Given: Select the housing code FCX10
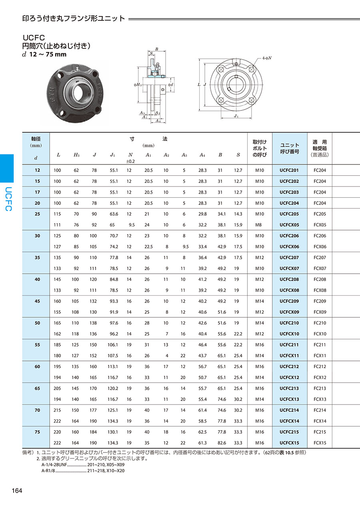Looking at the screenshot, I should click(x=320, y=334).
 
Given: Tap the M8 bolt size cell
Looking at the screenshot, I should click(x=260, y=225).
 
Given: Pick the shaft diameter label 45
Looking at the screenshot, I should click(x=37, y=301).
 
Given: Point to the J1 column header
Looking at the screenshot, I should click(x=112, y=155).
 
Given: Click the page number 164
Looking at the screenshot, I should click(x=17, y=491).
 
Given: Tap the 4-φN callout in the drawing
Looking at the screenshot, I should click(x=267, y=58).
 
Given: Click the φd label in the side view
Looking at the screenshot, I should click(x=170, y=85).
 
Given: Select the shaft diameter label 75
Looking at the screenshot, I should click(x=37, y=432).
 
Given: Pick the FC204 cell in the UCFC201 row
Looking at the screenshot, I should click(x=320, y=170).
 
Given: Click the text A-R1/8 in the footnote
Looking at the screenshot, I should click(x=48, y=471).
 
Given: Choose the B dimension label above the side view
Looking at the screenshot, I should click(x=156, y=49).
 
